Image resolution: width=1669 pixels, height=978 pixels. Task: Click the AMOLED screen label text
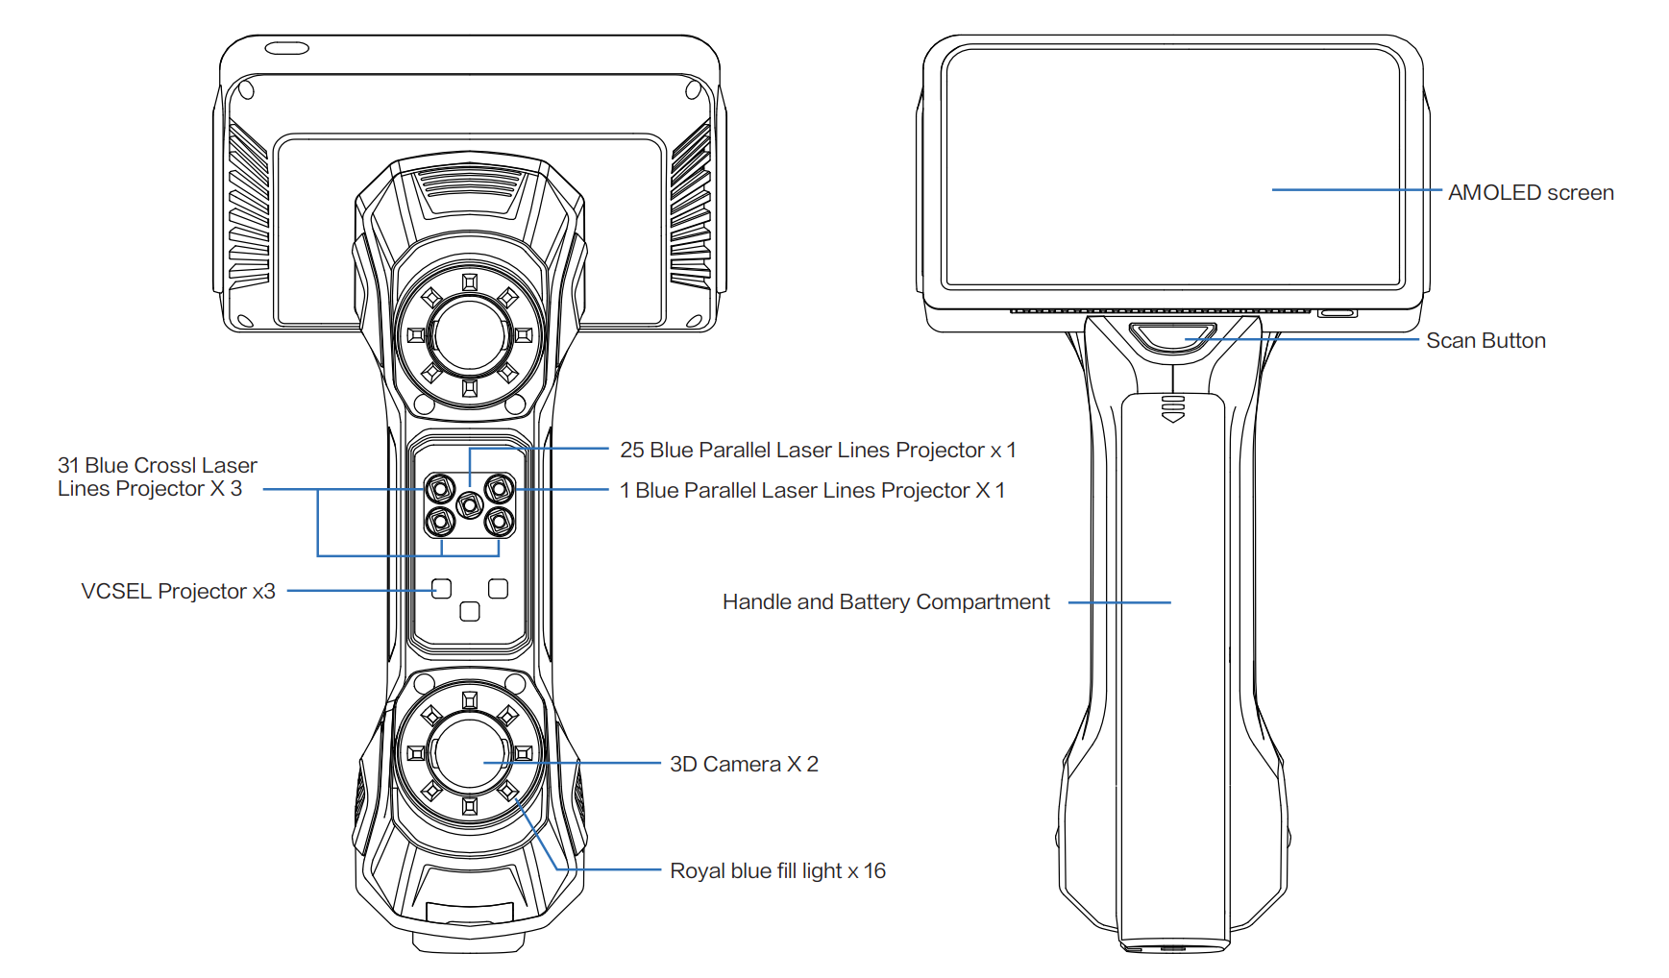pyautogui.click(x=1530, y=193)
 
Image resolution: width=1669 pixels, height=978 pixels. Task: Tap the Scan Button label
pyautogui.click(x=1485, y=341)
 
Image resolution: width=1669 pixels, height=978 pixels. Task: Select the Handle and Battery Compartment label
pyautogui.click(x=885, y=602)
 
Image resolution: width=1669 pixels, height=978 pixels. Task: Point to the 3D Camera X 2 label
pyautogui.click(x=744, y=765)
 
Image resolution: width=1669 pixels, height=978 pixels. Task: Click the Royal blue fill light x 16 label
pyautogui.click(x=777, y=871)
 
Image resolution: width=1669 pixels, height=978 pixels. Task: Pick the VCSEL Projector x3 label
pyautogui.click(x=178, y=592)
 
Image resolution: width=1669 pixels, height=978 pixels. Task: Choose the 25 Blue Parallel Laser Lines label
pyautogui.click(x=817, y=451)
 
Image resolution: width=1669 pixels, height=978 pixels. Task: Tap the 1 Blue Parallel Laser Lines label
pyautogui.click(x=812, y=491)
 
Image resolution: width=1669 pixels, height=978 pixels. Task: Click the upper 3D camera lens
pyautogui.click(x=470, y=335)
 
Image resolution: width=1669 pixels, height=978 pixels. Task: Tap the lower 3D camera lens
pyautogui.click(x=470, y=753)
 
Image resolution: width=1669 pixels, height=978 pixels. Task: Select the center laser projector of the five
pyautogui.click(x=470, y=504)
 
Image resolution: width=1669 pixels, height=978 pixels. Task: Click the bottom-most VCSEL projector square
pyautogui.click(x=470, y=611)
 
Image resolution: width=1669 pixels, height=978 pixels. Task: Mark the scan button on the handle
pyautogui.click(x=1172, y=338)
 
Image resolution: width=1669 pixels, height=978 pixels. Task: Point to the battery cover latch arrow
pyautogui.click(x=1173, y=409)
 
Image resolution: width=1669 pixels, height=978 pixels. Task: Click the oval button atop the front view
pyautogui.click(x=287, y=48)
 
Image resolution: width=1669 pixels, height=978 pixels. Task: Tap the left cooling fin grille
pyautogui.click(x=248, y=207)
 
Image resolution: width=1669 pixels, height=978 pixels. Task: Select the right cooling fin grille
pyautogui.click(x=691, y=207)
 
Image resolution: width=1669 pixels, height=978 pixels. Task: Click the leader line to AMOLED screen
pyautogui.click(x=1355, y=190)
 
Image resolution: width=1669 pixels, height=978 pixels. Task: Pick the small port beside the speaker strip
pyautogui.click(x=1337, y=313)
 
